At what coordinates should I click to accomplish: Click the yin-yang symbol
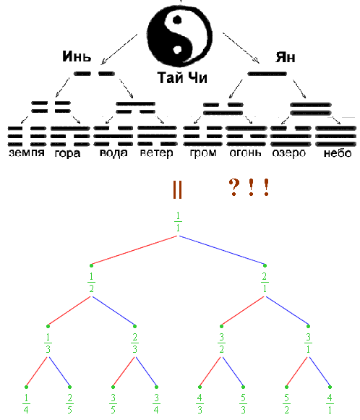[179, 35]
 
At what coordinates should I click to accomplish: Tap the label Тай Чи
[182, 78]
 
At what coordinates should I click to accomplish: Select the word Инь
[77, 56]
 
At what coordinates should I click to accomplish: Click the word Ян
[286, 57]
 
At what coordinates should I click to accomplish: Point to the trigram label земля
[27, 153]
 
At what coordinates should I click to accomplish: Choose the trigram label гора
[67, 153]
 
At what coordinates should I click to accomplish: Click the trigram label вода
[113, 153]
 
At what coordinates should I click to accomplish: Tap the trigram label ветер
[157, 153]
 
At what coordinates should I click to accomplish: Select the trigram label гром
[203, 153]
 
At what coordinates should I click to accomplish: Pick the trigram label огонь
[245, 153]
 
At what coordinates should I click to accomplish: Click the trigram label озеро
[288, 153]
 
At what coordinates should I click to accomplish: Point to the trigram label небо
[338, 153]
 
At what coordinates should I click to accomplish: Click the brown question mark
[233, 187]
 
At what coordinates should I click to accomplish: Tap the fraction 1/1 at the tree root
[178, 222]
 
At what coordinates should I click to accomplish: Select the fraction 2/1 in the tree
[265, 283]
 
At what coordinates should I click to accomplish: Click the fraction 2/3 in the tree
[134, 343]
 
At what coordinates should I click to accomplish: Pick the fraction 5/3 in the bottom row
[243, 404]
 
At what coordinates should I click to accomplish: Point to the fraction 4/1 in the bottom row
[330, 404]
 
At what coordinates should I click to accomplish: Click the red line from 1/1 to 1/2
[134, 250]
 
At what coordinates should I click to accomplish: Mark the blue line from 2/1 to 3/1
[287, 311]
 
